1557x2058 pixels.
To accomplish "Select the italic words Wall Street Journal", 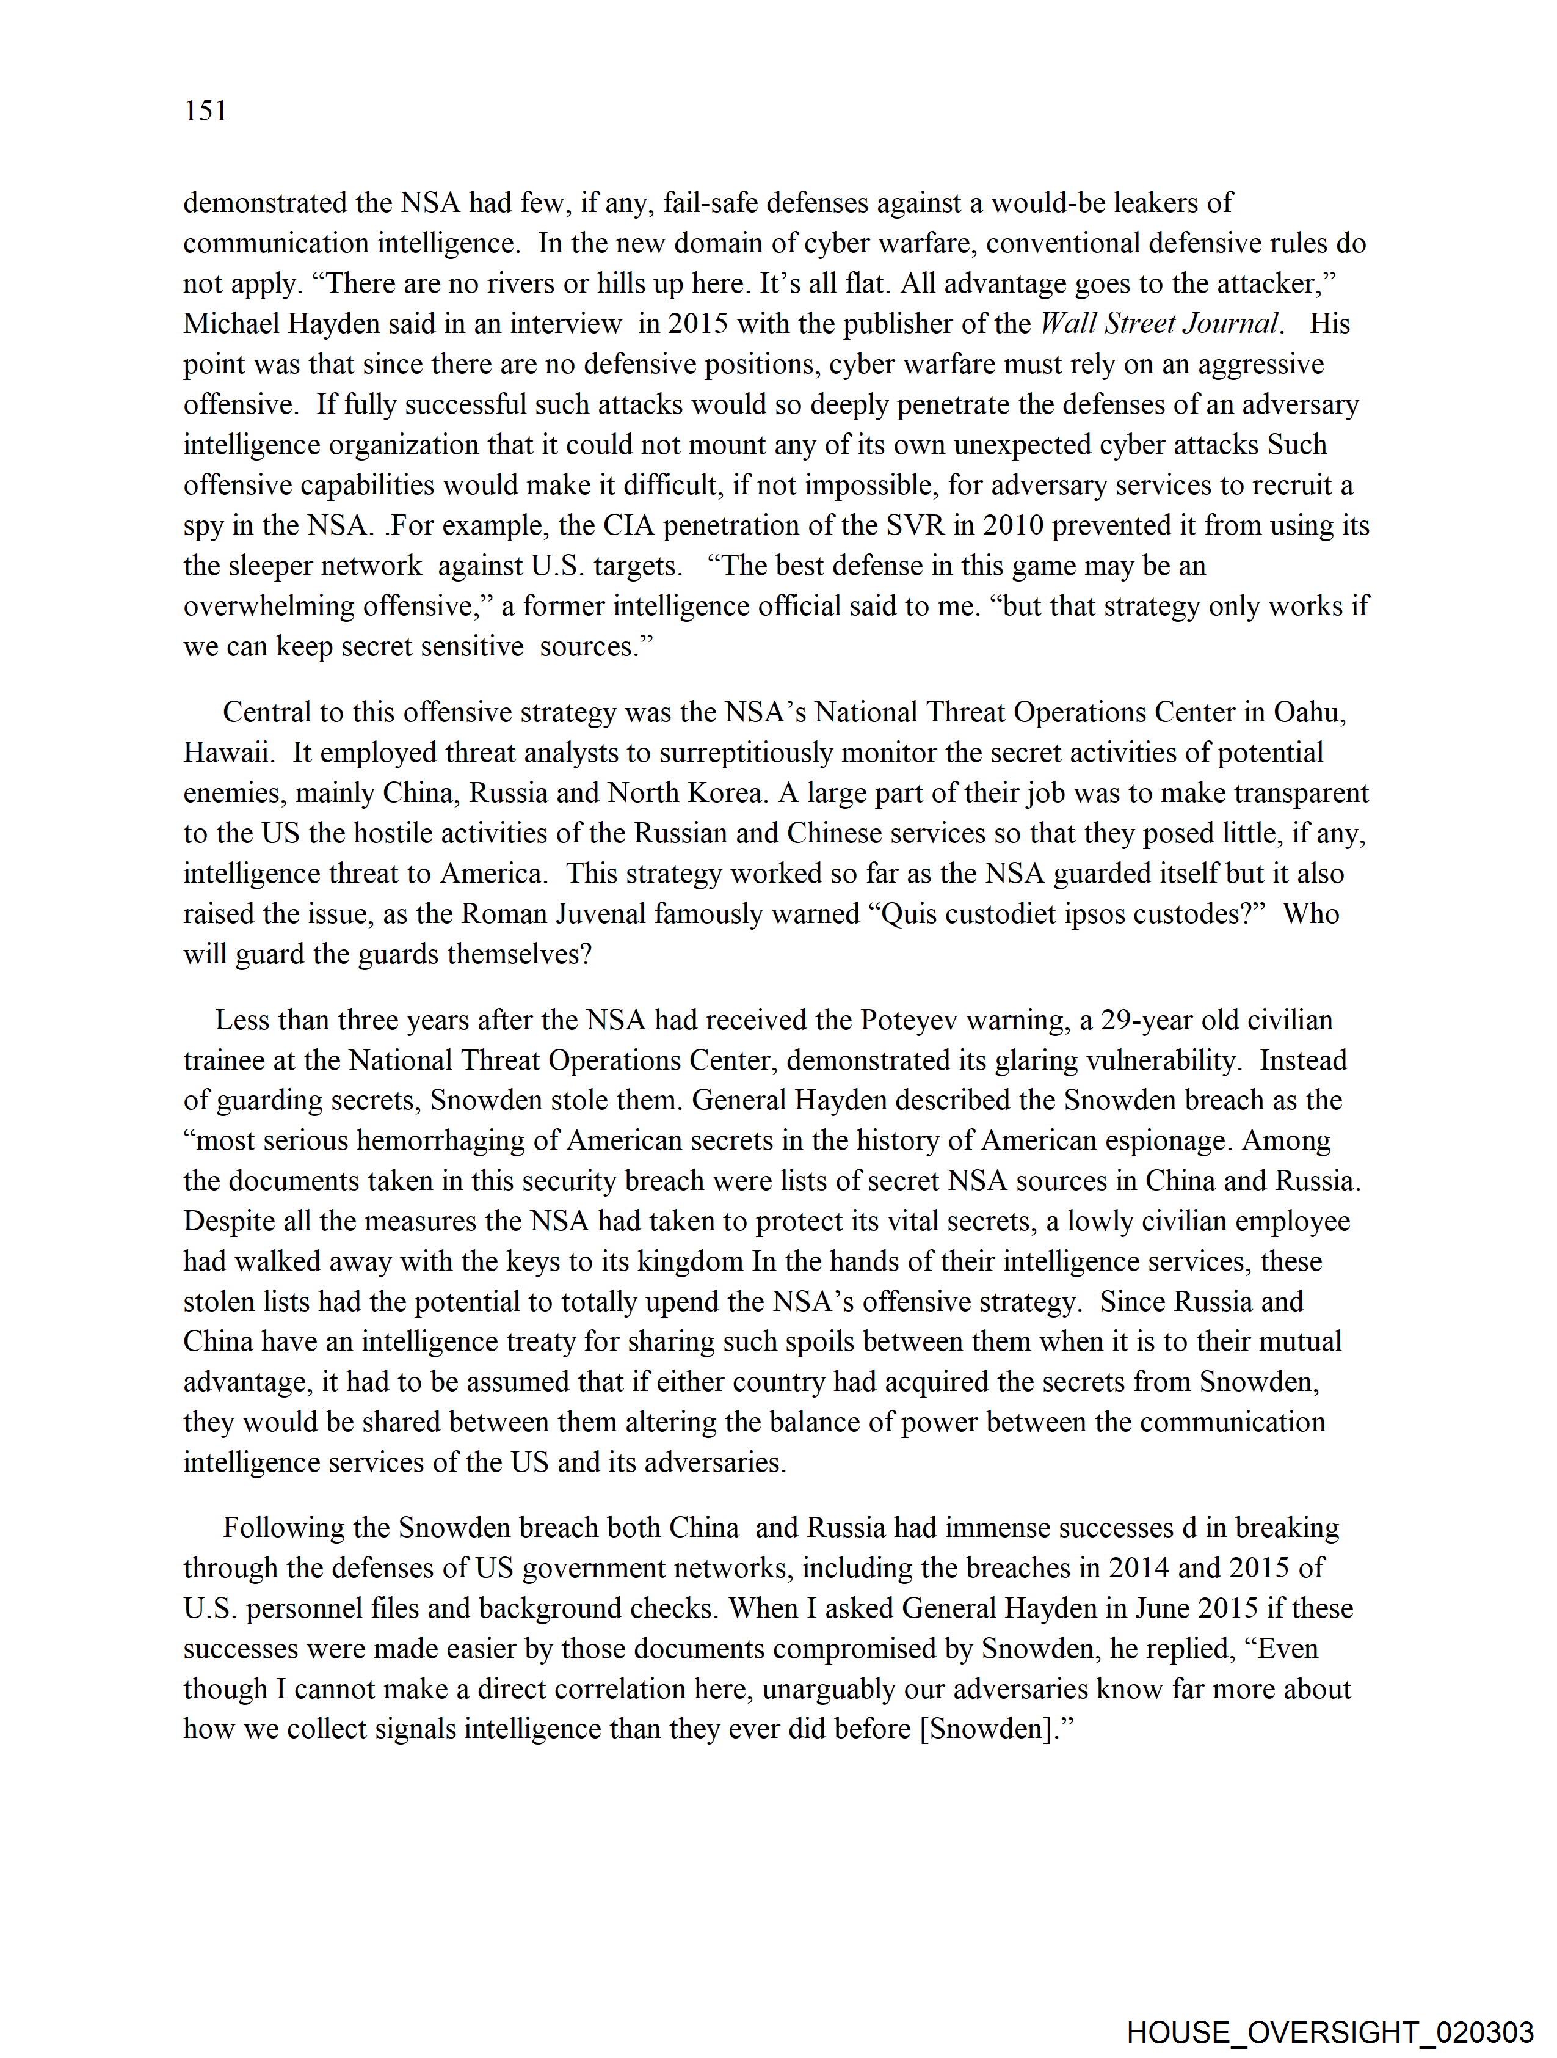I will (x=1159, y=324).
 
